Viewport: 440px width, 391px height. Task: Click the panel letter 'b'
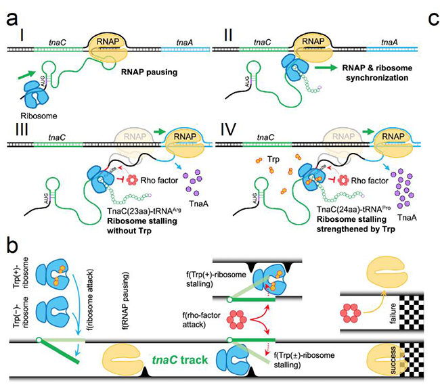12,242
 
